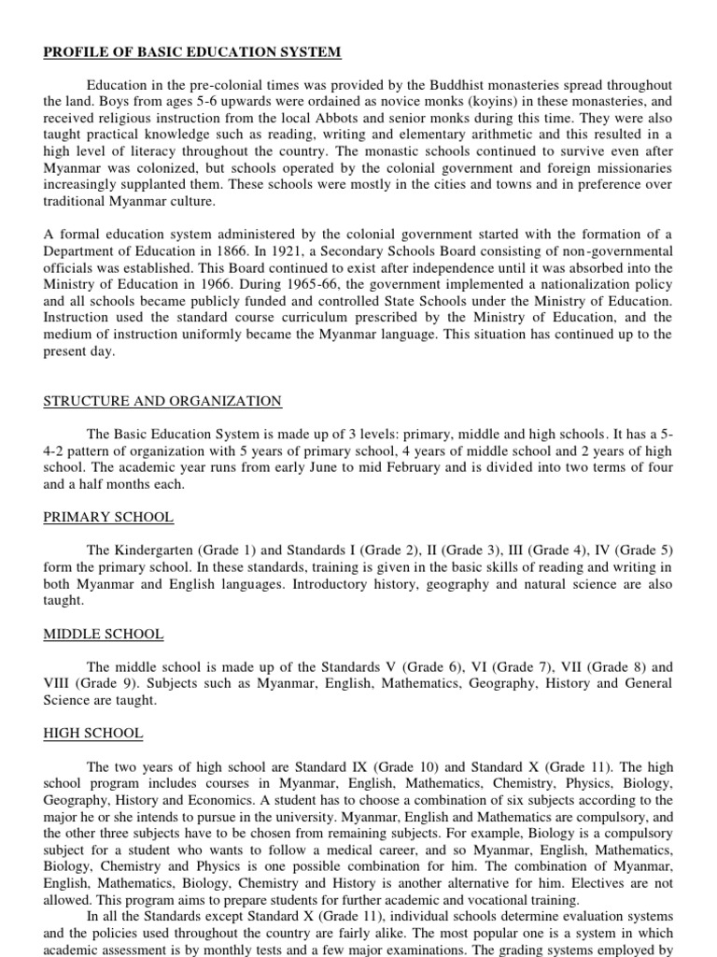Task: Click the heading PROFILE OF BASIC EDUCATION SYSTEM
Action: click(x=191, y=51)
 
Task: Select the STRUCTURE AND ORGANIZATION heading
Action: click(x=162, y=401)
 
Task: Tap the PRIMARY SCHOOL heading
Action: click(x=108, y=517)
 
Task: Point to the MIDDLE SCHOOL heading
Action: click(x=104, y=634)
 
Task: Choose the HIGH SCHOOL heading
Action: click(x=93, y=734)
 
